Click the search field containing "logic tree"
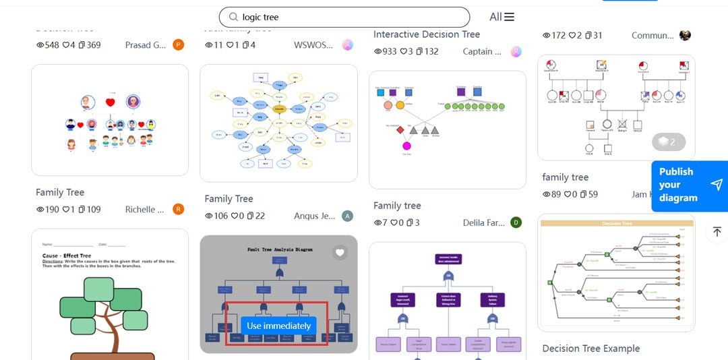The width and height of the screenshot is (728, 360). pos(351,17)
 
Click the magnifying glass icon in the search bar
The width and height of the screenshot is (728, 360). pos(233,17)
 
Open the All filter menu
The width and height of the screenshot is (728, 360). pos(502,17)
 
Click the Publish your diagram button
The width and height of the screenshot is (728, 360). pos(689,185)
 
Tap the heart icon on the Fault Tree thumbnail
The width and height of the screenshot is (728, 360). pos(340,253)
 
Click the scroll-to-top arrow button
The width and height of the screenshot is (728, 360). pos(717,231)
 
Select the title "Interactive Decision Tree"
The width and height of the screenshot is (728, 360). pos(427,34)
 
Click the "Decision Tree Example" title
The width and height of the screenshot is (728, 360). pos(590,349)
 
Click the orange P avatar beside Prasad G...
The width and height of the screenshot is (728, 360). pos(179,45)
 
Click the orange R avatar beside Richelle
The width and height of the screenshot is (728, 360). pos(179,210)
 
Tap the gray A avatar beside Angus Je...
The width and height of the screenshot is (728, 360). pos(347,216)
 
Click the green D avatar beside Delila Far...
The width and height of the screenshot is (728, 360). pos(516,222)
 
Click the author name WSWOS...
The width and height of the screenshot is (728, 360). pos(313,45)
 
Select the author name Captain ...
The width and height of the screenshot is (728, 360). pos(482,51)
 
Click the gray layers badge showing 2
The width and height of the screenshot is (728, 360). pos(668,142)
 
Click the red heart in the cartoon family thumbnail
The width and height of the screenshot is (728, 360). pos(111,102)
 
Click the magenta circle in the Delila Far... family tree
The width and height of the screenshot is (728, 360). pos(406,146)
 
